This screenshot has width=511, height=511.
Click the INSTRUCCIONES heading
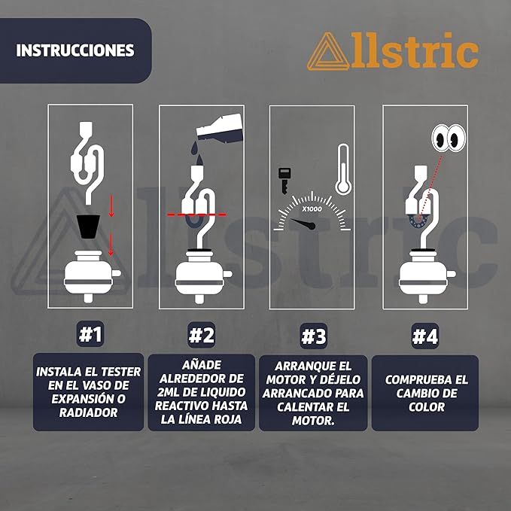tap(75, 50)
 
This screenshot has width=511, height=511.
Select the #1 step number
tap(90, 334)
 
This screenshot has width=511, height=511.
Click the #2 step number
tap(202, 335)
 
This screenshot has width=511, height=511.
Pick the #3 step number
tap(314, 336)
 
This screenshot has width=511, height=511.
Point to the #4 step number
tap(425, 336)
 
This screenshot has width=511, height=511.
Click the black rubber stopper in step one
tap(88, 227)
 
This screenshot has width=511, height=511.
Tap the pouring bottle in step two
tap(220, 129)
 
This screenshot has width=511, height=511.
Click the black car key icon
tap(284, 180)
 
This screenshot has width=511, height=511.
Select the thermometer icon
tap(343, 169)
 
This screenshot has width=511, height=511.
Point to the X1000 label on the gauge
tap(312, 209)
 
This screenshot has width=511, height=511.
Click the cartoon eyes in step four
tap(449, 138)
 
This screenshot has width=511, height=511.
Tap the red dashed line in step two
tap(196, 214)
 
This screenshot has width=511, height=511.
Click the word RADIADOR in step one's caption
tap(88, 412)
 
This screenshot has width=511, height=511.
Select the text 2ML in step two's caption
tap(169, 392)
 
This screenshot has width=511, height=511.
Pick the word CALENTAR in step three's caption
tap(313, 407)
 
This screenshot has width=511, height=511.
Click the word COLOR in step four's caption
tap(427, 407)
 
